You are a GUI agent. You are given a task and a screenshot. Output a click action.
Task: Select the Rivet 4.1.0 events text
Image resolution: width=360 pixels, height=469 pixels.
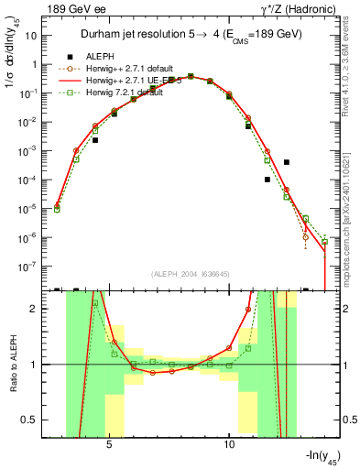352,73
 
